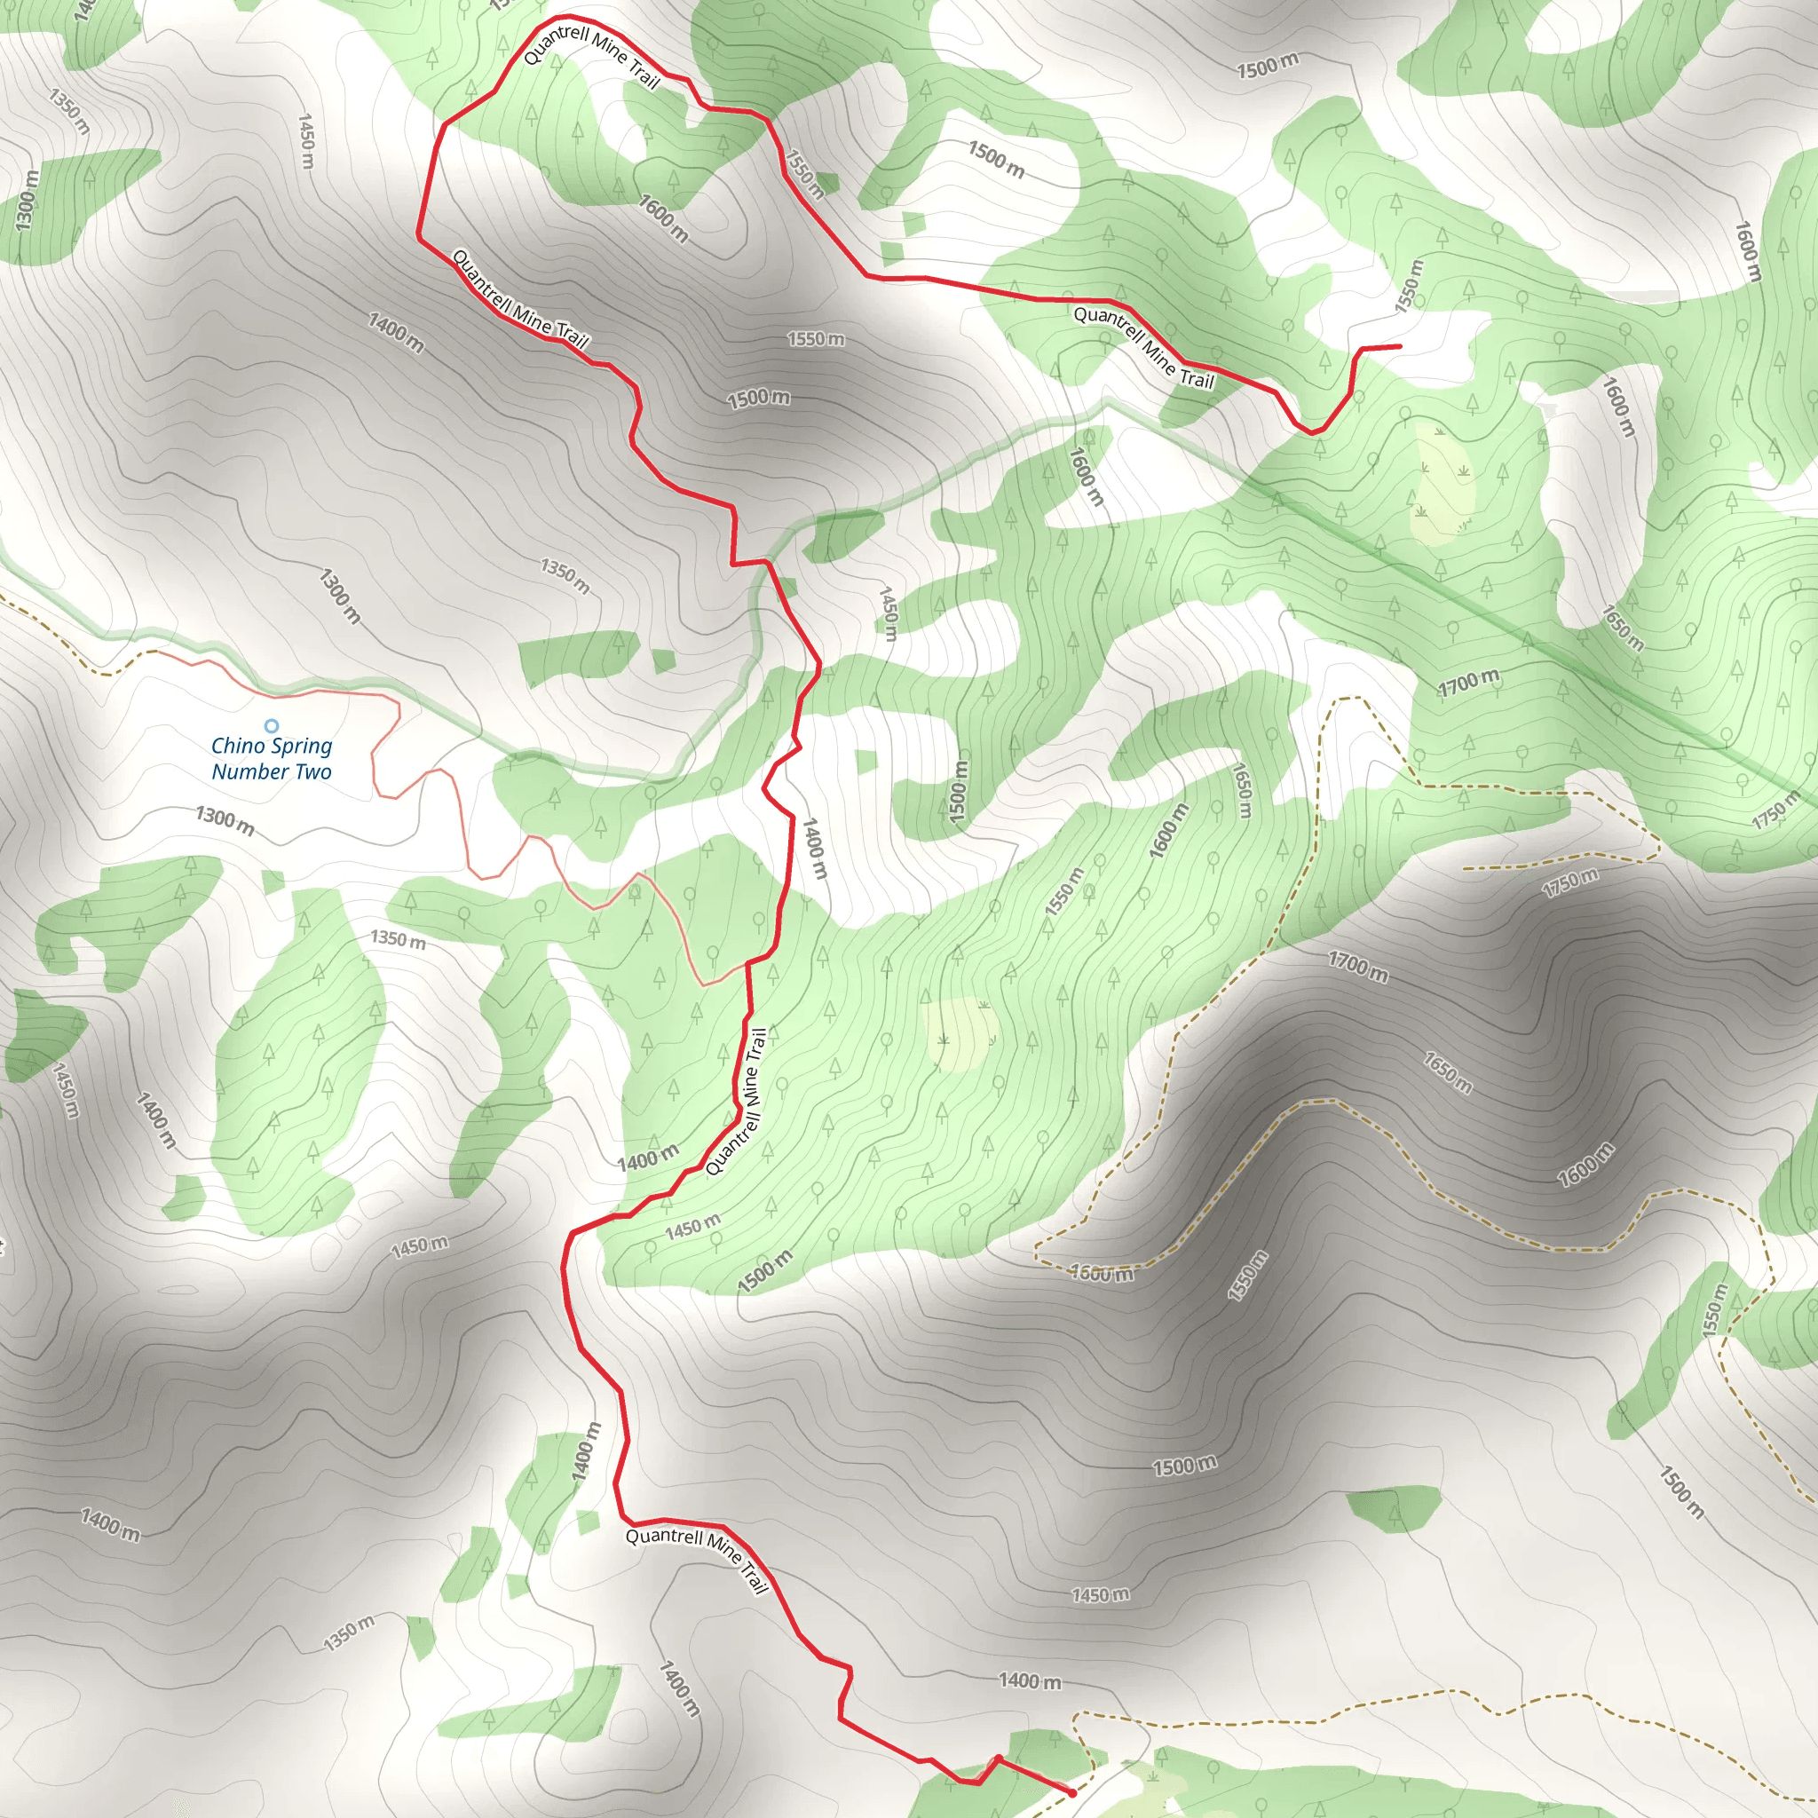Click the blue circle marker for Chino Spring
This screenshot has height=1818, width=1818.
(x=271, y=725)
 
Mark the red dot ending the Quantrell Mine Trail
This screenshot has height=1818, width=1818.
(x=1072, y=1792)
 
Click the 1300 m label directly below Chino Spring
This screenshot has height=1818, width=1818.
(x=225, y=819)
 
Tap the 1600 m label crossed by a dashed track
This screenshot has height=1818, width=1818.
(x=1102, y=1274)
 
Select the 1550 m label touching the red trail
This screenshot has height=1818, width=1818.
(x=804, y=174)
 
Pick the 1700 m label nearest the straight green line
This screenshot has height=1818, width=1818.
(x=1469, y=684)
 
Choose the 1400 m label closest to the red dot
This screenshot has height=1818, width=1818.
(x=1030, y=1680)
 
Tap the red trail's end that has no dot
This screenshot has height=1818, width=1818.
(x=1400, y=346)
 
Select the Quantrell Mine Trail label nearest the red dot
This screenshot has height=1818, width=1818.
(x=697, y=1561)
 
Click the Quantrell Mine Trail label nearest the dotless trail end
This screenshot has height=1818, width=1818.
(x=1144, y=347)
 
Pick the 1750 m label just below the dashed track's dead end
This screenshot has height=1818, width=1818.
(x=1569, y=881)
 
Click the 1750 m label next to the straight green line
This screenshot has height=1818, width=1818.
(x=1775, y=810)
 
